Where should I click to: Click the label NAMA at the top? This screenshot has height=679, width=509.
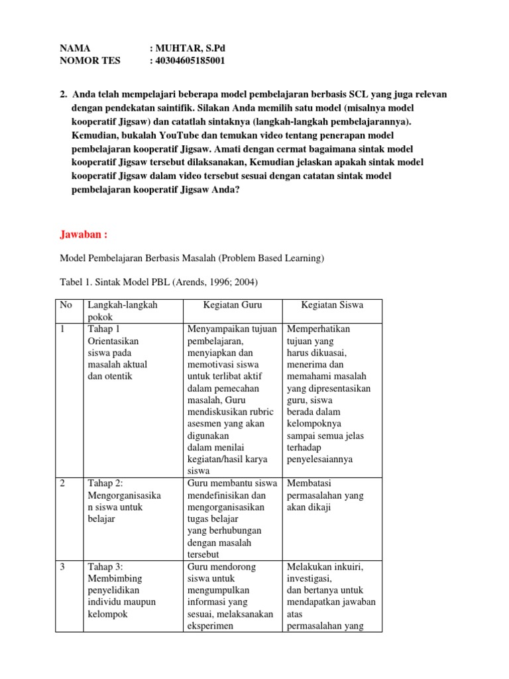(x=74, y=48)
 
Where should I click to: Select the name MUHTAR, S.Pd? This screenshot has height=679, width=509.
(x=188, y=48)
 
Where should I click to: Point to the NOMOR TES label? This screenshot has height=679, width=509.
(x=90, y=60)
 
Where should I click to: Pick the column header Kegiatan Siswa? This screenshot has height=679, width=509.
(x=332, y=305)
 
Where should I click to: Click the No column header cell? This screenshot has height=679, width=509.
(x=66, y=305)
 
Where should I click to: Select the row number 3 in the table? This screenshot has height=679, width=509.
(x=62, y=567)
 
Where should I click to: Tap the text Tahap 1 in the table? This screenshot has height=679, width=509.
(x=101, y=329)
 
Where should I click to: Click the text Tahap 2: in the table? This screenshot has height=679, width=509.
(x=103, y=483)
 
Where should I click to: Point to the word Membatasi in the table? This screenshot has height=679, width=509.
(x=308, y=483)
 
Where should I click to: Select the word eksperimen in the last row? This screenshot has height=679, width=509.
(x=212, y=626)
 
